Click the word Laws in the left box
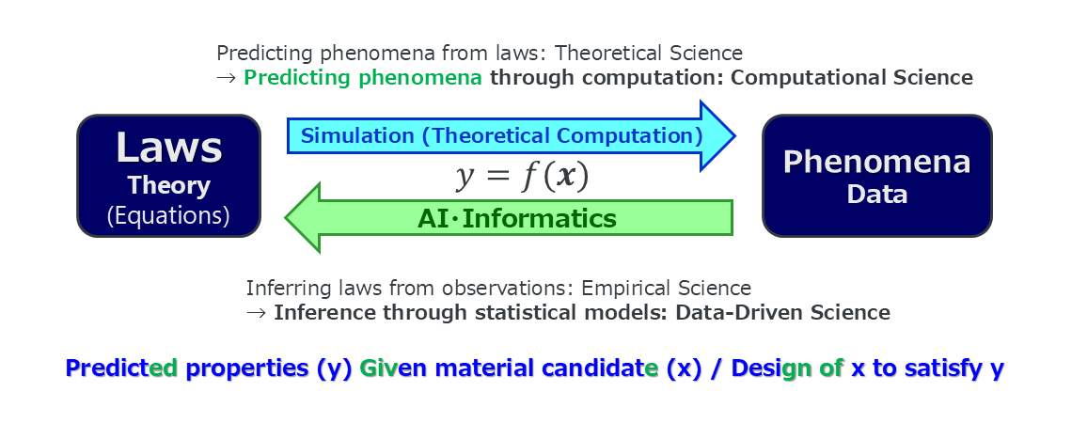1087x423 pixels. coord(168,147)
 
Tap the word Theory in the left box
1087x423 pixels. coord(168,186)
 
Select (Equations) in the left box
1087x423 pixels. coord(168,215)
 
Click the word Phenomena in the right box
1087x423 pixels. coord(877,163)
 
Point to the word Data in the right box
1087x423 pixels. coord(877,195)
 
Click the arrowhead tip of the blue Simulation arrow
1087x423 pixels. coord(734,136)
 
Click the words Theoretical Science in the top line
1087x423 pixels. coord(649,53)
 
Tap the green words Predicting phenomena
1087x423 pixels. coord(363,78)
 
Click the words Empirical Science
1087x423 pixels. coord(666,288)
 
